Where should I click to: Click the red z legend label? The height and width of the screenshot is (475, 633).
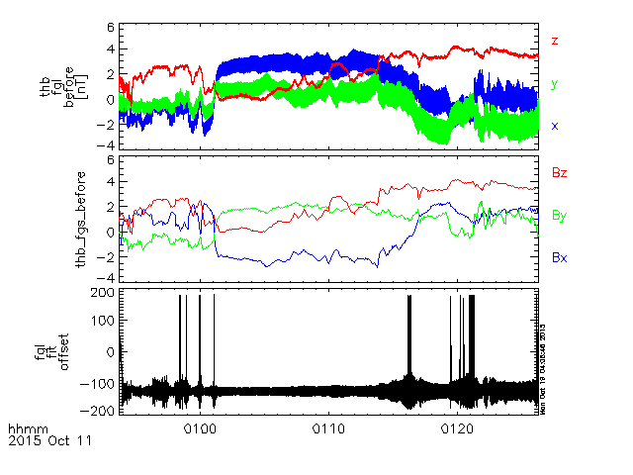[x=555, y=41]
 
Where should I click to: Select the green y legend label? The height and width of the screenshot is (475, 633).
[x=555, y=84]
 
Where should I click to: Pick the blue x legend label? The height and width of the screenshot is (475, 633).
[x=555, y=126]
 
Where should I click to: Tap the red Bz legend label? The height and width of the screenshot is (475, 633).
[x=559, y=173]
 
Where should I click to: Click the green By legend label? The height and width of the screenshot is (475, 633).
[x=559, y=215]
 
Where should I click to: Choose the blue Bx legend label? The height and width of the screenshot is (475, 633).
[x=559, y=257]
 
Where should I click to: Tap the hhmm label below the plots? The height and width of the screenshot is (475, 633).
[x=23, y=429]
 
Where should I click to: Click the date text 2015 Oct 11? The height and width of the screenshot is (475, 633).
[x=48, y=441]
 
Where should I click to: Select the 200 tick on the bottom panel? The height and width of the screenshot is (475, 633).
[x=100, y=294]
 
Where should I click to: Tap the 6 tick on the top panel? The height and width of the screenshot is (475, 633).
[x=111, y=27]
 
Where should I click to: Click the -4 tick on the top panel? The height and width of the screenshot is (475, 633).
[x=108, y=143]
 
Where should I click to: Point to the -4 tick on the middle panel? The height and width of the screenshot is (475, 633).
[x=108, y=276]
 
